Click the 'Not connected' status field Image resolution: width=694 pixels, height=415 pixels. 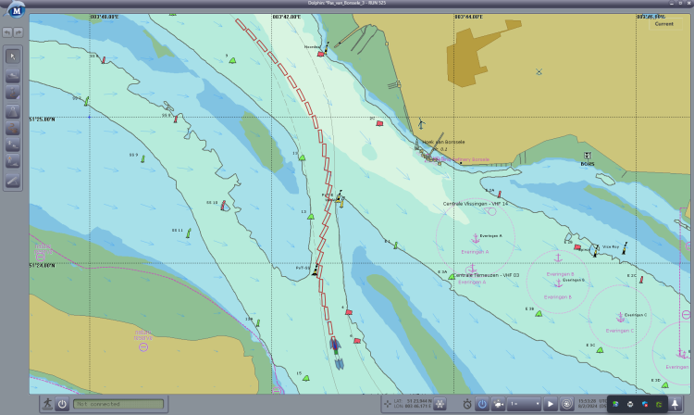point(118,404)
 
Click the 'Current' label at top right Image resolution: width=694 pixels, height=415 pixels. point(663,24)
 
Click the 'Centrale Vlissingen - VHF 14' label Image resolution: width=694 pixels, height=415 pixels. point(476,204)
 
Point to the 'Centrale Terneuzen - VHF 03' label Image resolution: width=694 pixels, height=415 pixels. point(486,275)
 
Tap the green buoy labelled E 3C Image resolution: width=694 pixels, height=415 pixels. point(600,350)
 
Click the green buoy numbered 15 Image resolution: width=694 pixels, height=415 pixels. point(305,378)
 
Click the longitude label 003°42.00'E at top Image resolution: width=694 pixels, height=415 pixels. point(286,17)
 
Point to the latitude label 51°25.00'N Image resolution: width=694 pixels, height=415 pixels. point(43,119)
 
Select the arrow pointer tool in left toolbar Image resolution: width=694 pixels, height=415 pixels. point(13,56)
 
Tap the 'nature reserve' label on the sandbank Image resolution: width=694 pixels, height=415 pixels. point(143,335)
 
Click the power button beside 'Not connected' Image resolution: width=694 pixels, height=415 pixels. point(62,404)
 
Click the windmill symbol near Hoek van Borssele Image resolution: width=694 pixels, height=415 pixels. point(420,123)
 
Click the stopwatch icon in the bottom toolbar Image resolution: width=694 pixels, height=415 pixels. point(468,404)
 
